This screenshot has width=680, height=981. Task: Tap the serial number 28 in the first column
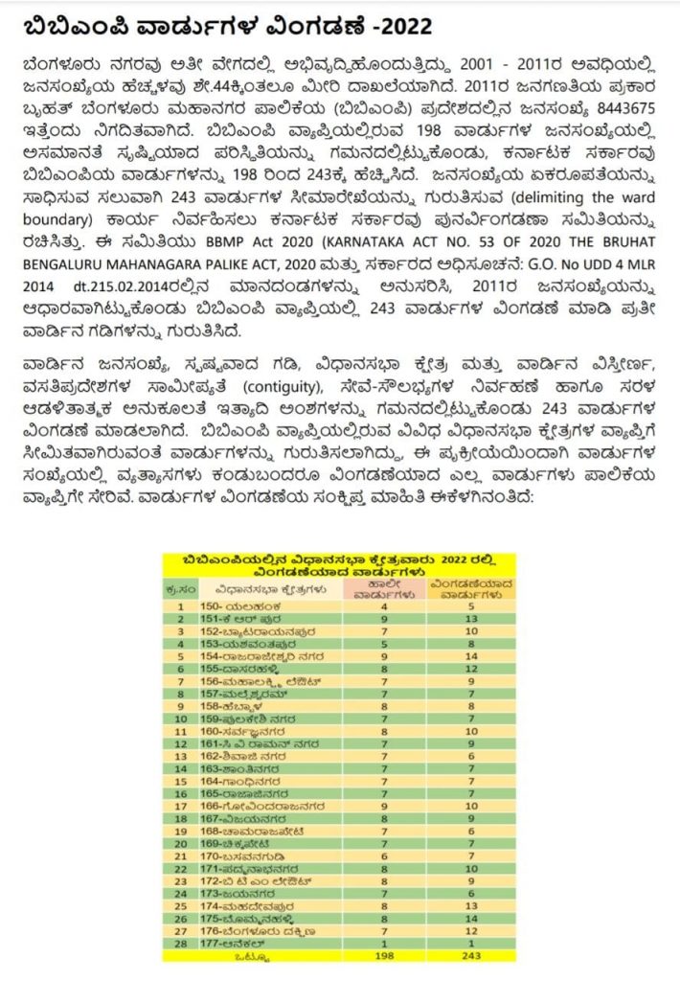click(x=179, y=944)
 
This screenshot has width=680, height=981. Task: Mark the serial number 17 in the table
click(x=179, y=806)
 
